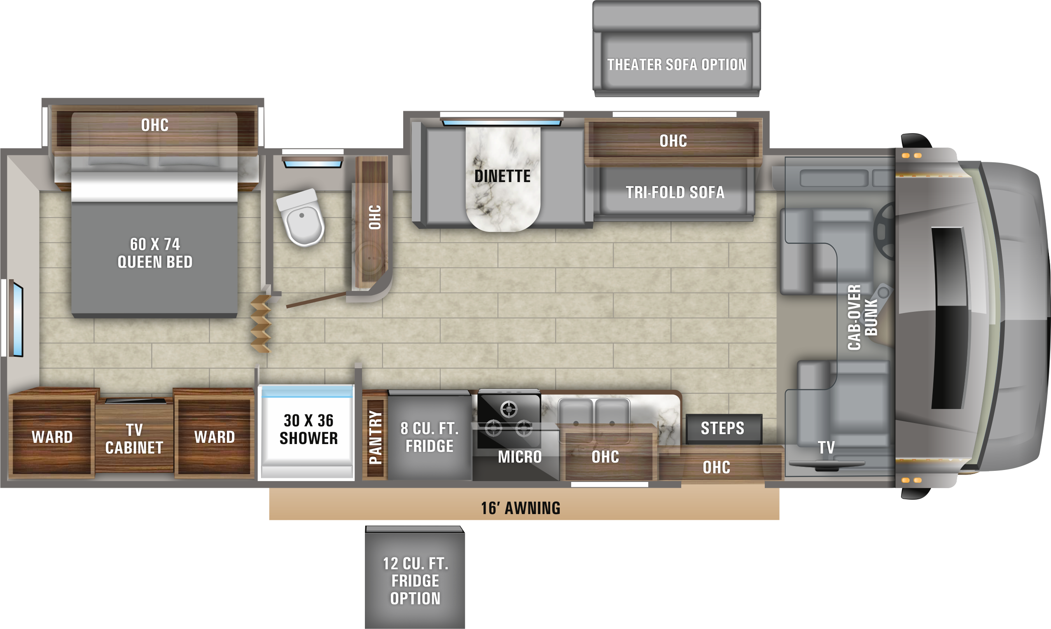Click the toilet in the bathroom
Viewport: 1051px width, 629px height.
tap(301, 218)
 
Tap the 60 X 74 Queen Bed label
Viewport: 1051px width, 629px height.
tap(155, 253)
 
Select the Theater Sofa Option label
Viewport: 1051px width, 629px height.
tap(677, 65)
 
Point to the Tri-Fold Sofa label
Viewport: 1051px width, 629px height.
tap(675, 192)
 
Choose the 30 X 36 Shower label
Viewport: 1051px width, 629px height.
tap(308, 429)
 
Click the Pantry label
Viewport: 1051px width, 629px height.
tap(376, 437)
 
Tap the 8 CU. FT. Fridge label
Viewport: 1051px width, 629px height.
tap(430, 437)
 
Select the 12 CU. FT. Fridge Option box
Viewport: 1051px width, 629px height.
tap(415, 577)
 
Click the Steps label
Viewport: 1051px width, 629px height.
tap(722, 428)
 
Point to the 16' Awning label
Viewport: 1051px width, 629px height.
tap(521, 508)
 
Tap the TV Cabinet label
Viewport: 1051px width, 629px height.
tap(134, 439)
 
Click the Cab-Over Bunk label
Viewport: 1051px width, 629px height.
tap(862, 318)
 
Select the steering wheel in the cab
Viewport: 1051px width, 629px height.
tap(885, 231)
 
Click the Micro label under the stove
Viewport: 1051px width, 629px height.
tap(520, 457)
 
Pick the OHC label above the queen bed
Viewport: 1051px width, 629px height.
tap(155, 125)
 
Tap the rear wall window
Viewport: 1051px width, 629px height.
tap(16, 318)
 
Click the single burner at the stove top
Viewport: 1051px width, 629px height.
tap(509, 409)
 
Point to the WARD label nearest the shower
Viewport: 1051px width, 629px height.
tap(215, 437)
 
